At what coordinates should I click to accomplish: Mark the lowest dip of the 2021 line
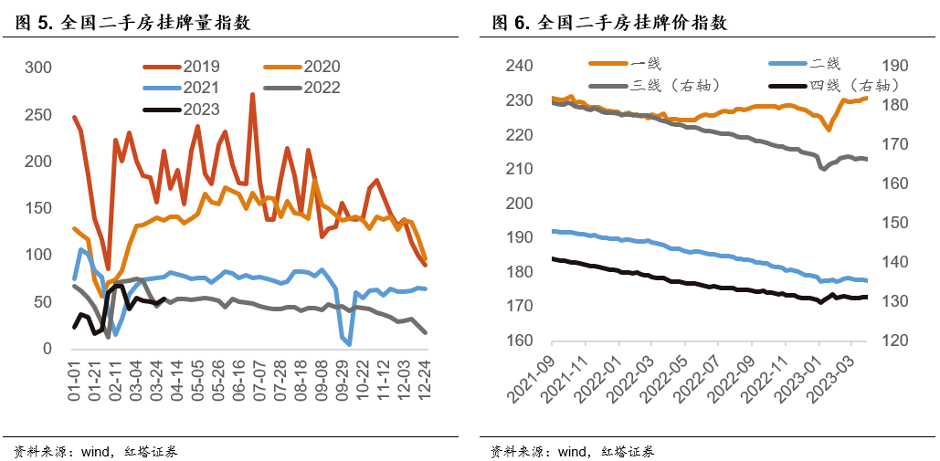coord(349,345)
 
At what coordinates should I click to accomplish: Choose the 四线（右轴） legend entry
coord(853,85)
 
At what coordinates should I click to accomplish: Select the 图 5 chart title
coord(133,24)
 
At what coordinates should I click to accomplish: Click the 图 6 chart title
coord(609,24)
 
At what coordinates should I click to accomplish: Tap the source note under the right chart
coord(572,451)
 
